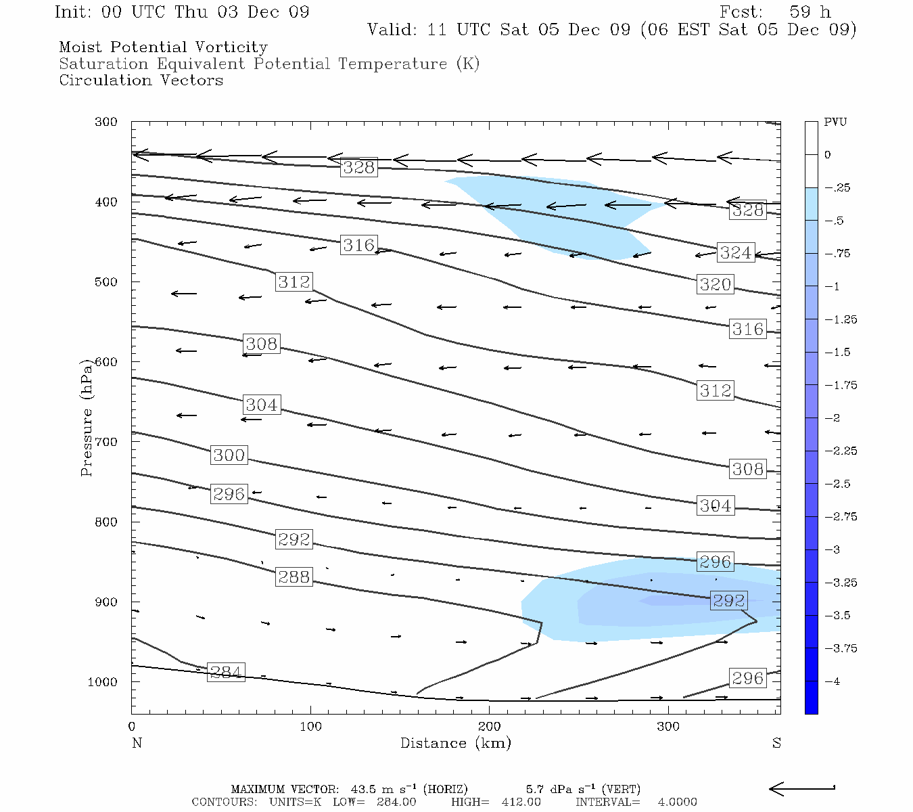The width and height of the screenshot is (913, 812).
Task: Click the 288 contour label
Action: point(294,577)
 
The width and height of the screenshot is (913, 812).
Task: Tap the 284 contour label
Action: point(226,672)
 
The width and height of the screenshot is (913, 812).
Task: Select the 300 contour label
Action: point(229,455)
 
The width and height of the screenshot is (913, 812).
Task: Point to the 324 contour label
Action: point(735,252)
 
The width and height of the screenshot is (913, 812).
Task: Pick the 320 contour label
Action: point(716,284)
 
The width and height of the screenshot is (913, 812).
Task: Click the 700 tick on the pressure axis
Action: point(106,442)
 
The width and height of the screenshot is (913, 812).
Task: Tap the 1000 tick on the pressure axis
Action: point(102,682)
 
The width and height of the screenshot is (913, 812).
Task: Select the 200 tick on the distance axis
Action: point(490,727)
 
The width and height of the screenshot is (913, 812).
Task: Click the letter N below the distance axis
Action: point(137,743)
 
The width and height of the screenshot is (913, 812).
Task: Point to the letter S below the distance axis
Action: point(776,743)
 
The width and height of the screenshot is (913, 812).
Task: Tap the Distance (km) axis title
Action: point(455,743)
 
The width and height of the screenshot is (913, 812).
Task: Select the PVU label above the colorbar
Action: point(835,122)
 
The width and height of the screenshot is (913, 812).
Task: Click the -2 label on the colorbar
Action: point(833,418)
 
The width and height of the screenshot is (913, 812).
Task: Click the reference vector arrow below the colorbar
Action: point(802,788)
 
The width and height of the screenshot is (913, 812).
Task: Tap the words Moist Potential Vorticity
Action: point(163,47)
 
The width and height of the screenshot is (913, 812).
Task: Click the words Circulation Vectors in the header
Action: point(141,80)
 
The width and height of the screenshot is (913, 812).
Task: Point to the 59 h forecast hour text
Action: point(810,12)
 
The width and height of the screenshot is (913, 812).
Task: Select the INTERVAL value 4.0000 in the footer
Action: point(677,802)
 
